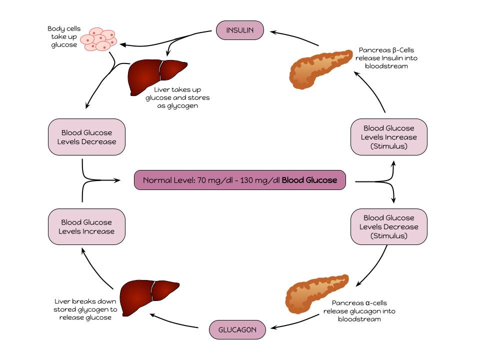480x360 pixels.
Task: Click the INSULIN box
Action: click(240, 30)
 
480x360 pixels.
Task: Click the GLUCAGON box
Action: click(236, 330)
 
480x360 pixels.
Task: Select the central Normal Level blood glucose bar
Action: click(240, 180)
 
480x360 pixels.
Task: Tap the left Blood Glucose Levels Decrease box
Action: click(86, 137)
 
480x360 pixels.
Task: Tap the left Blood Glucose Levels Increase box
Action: click(86, 226)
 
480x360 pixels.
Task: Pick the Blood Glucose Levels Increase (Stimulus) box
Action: click(389, 137)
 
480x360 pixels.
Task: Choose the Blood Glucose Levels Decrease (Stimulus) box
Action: click(389, 226)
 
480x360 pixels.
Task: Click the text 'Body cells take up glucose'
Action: click(63, 37)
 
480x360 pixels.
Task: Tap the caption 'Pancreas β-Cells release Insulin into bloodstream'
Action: click(386, 58)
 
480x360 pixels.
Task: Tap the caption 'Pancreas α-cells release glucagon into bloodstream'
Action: click(359, 311)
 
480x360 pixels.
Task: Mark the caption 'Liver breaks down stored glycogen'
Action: click(85, 309)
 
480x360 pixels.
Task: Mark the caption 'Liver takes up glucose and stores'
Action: click(177, 97)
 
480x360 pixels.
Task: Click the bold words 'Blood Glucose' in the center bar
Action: click(309, 180)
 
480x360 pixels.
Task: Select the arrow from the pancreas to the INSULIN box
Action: click(295, 38)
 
